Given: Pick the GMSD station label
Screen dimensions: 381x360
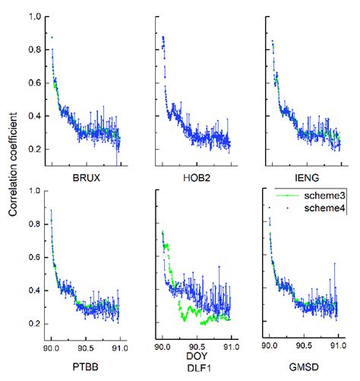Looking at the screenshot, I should (303, 367).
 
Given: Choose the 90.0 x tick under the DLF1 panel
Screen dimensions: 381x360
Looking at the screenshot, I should (162, 346).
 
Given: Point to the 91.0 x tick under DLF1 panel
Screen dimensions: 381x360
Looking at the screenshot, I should (231, 346).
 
